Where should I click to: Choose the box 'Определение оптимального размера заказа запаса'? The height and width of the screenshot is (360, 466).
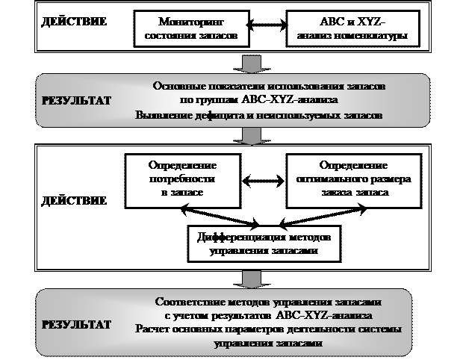click(351, 179)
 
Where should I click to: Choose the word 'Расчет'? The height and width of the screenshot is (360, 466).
click(154, 329)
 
